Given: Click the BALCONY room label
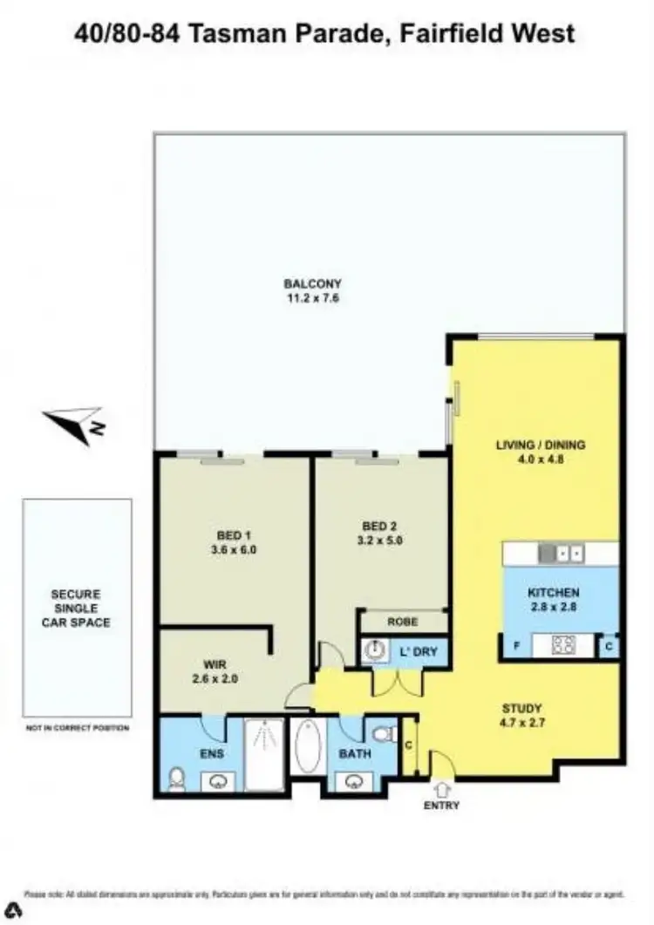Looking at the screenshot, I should point(312,283).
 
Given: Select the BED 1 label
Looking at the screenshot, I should point(228,535).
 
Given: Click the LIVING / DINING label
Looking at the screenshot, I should point(541,445).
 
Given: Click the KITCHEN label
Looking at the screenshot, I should point(553,593).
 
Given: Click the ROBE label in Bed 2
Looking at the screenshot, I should point(403,622).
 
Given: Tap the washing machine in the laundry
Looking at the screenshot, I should point(376,652).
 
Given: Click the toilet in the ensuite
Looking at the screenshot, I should point(177,778).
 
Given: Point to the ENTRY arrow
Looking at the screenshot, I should point(441,789).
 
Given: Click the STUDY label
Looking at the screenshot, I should point(522,708).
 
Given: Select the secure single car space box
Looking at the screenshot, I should point(77,608).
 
